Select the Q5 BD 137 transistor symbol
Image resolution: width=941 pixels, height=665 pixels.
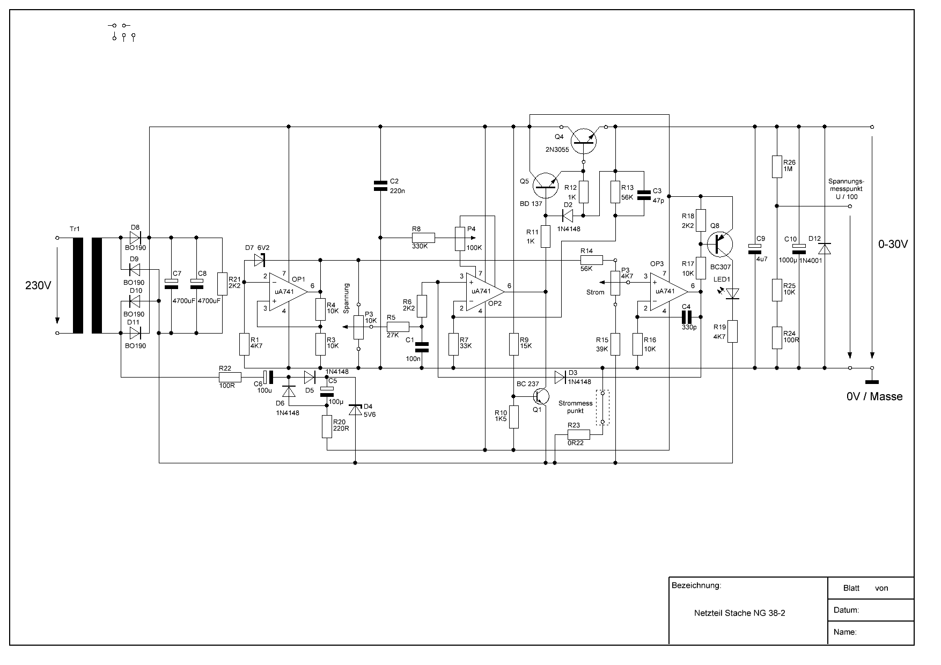(545, 184)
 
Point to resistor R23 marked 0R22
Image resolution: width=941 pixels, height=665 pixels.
(579, 434)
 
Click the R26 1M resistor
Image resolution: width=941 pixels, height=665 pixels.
(777, 166)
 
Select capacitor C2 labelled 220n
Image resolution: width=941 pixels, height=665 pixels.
(380, 186)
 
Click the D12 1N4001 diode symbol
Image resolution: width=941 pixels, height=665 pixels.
(825, 249)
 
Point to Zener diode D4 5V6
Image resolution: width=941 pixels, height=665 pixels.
(355, 409)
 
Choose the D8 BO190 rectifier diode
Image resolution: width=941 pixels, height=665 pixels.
(135, 237)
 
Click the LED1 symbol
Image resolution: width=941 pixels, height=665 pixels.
(732, 293)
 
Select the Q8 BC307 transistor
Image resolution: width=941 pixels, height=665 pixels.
(719, 244)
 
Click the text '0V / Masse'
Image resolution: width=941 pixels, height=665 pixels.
(874, 397)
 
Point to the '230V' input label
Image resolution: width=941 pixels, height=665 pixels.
(38, 285)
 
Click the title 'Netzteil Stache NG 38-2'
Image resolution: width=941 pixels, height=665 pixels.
(739, 613)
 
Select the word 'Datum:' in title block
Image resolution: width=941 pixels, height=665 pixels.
(846, 610)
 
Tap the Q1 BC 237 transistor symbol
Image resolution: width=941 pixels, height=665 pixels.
(540, 396)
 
